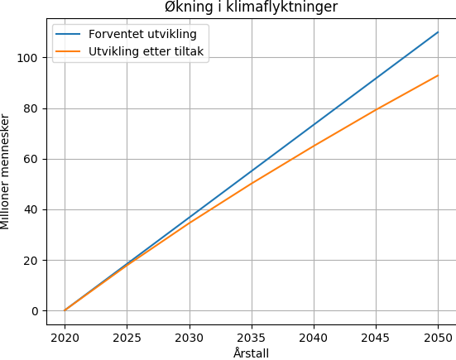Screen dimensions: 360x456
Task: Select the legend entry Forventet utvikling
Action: point(142,35)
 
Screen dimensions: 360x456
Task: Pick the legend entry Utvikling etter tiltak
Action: point(146,52)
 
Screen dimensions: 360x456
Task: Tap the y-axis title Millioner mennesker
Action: point(6,172)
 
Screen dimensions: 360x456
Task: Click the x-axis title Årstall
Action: point(251,353)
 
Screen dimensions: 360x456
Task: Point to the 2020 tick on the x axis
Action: point(65,338)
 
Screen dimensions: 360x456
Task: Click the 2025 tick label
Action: point(127,338)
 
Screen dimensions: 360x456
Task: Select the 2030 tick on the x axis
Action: point(190,338)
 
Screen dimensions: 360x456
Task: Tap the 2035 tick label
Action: point(252,338)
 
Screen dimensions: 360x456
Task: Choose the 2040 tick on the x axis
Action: point(314,338)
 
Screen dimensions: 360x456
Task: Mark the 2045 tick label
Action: point(376,338)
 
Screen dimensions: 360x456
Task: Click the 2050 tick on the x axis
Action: point(438,338)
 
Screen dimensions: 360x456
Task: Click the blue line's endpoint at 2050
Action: point(438,32)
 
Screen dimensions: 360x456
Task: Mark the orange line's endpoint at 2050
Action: point(438,75)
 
